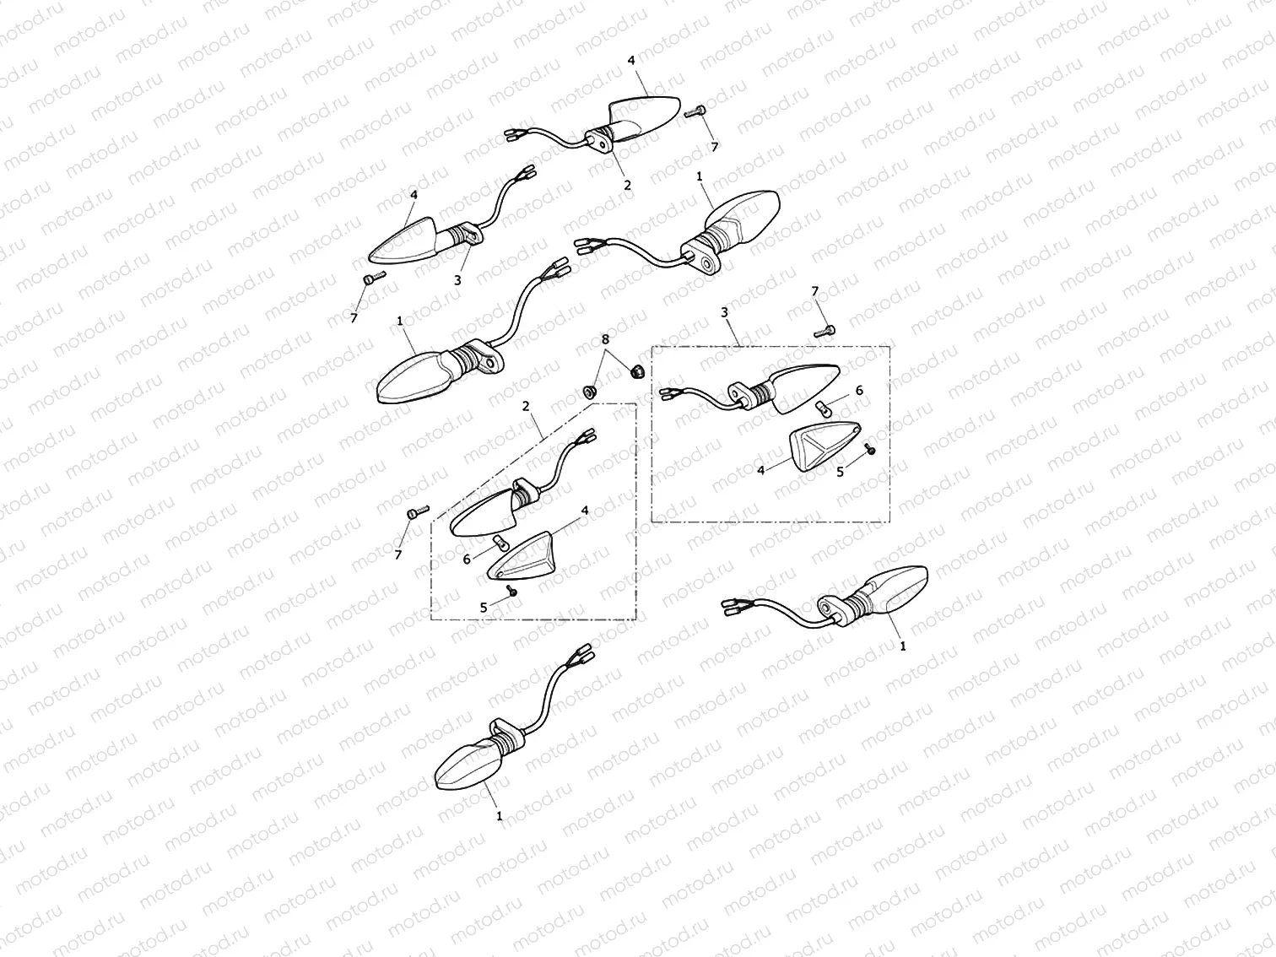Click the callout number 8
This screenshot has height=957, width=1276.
tap(605, 338)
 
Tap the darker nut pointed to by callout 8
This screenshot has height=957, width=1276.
tap(636, 370)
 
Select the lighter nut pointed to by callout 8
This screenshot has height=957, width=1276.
tap(589, 392)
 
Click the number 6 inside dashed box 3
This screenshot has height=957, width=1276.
tap(859, 391)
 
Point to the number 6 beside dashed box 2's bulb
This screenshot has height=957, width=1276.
tap(467, 560)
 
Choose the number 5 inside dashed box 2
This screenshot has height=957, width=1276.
tap(484, 608)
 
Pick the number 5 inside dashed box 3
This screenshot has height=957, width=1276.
tap(840, 473)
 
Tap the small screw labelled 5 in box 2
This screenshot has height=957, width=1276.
tap(512, 591)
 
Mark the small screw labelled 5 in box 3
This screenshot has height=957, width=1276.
tap(870, 449)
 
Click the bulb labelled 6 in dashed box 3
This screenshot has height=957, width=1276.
tap(823, 408)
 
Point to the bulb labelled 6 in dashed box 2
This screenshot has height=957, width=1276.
tap(500, 543)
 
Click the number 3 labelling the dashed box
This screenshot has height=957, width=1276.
tap(724, 312)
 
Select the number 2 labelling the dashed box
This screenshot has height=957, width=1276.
tap(526, 406)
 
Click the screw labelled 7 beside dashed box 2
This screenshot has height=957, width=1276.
tap(418, 512)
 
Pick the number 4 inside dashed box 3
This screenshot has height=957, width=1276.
tap(761, 470)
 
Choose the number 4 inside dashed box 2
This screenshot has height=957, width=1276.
tap(585, 511)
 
